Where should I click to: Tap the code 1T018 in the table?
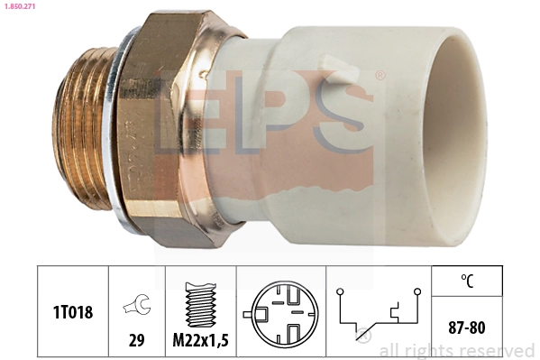click(72, 310)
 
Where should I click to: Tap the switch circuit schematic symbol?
click(378, 311)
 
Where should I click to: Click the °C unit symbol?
click(467, 280)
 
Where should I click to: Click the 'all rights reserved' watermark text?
click(456, 351)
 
